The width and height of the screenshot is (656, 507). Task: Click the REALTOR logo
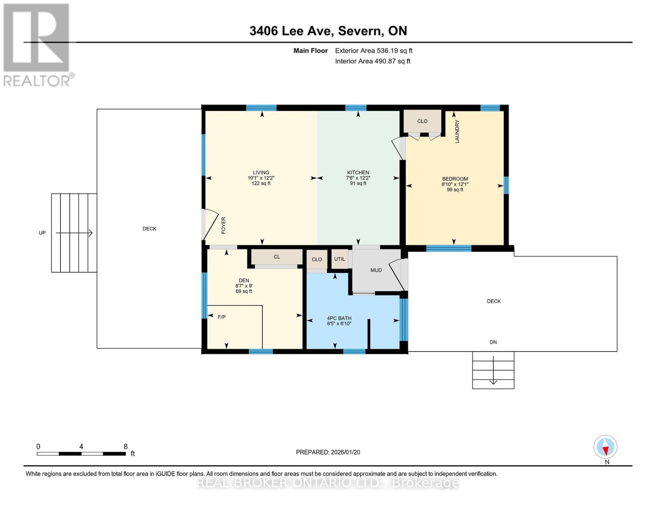[x=37, y=45]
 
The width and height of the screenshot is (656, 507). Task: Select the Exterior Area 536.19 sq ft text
[x=373, y=51]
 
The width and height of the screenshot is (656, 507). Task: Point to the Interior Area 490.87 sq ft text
[x=373, y=61]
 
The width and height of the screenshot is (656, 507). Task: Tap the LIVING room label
[x=261, y=172]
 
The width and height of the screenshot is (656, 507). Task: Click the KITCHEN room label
[x=358, y=172]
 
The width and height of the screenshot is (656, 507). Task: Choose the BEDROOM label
[x=455, y=179]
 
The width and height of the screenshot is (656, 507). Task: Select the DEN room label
[x=244, y=281]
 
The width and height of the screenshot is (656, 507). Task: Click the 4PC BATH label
[x=339, y=319]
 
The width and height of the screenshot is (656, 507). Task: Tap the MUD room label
[x=376, y=270]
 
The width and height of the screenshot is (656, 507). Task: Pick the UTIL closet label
[x=340, y=259]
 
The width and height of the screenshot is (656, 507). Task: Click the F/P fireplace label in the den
[x=221, y=317]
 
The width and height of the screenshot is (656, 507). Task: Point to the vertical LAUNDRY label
[x=457, y=131]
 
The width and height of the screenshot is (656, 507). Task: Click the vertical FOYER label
[x=223, y=225]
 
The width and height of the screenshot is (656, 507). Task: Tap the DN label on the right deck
[x=493, y=342]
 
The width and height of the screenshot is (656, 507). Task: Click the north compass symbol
[x=605, y=447]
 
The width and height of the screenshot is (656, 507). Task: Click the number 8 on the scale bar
[x=125, y=447]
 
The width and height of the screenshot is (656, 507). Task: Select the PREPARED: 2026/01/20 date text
[x=328, y=452]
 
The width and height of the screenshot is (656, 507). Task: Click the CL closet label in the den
[x=277, y=257]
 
